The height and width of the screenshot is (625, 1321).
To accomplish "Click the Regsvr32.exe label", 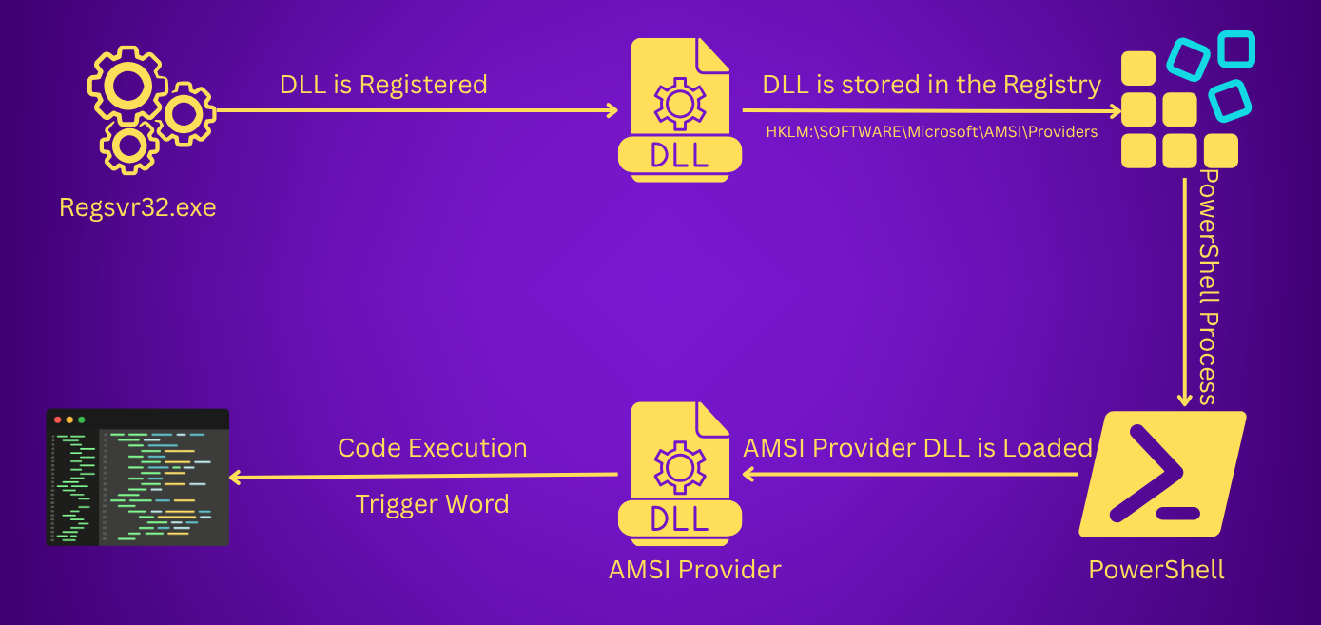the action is click(x=137, y=208).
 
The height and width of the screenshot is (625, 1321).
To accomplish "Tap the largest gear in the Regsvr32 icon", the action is click(x=128, y=86).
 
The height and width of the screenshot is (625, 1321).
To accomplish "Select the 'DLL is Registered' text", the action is click(x=383, y=85).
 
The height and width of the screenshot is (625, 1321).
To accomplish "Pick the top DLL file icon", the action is click(x=680, y=110).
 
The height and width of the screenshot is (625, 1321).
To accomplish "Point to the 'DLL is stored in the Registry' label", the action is click(x=932, y=85).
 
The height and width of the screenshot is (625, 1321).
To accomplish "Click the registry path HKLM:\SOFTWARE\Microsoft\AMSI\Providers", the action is click(x=932, y=131).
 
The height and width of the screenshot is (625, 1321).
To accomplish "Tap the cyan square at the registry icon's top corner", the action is click(x=1236, y=49).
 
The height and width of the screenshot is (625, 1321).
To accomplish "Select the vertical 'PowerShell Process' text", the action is click(x=1209, y=286).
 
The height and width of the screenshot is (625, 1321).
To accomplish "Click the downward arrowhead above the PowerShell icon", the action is click(x=1184, y=400).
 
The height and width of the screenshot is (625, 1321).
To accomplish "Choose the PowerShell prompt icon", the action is click(x=1162, y=474).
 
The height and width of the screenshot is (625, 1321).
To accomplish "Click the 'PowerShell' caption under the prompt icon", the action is click(x=1156, y=570).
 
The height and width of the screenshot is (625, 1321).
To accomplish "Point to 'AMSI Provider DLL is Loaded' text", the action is click(x=918, y=448).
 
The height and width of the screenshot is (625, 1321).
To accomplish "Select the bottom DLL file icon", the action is click(x=680, y=474).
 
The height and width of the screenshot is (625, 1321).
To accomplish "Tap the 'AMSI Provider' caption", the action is click(x=694, y=570).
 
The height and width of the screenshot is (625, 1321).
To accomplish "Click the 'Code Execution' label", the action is click(x=433, y=448).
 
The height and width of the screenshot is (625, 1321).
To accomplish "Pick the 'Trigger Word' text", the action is click(x=433, y=505).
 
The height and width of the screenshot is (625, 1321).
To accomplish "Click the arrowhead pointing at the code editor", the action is click(x=235, y=478).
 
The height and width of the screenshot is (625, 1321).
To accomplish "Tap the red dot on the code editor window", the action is click(x=58, y=420).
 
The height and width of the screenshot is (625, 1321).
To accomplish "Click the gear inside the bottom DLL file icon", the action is click(x=680, y=468).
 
